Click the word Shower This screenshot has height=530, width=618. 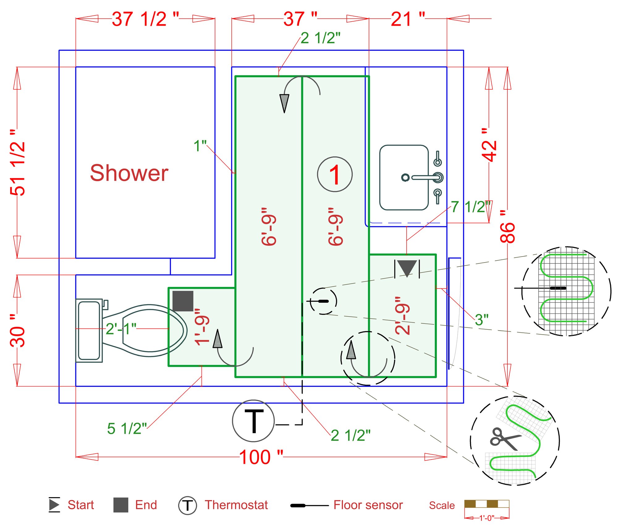coord(129,173)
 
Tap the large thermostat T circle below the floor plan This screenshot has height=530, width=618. coord(253,421)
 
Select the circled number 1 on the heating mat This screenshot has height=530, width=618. coord(335,174)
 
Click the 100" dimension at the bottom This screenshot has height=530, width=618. coord(261,457)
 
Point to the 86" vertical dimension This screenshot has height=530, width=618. coord(507,226)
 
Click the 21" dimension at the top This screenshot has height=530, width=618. coord(408,19)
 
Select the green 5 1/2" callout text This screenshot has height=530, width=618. coord(127,429)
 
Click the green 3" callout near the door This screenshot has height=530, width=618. coord(481,320)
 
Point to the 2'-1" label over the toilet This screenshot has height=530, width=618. coord(121,329)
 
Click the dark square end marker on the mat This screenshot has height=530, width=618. coord(183,301)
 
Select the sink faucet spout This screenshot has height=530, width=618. coord(423,177)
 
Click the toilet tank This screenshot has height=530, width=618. coord(89,330)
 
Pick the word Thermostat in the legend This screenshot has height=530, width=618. coord(236,505)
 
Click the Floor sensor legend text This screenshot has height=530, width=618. coord(368,505)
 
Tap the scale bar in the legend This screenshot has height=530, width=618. coord(487,504)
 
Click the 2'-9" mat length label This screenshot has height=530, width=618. coord(402,315)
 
